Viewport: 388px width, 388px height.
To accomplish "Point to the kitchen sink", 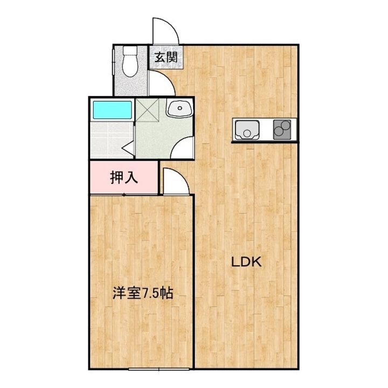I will coord(247,130).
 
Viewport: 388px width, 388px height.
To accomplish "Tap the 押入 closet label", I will coord(124,178).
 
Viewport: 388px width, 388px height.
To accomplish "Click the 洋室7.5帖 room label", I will coord(142,294).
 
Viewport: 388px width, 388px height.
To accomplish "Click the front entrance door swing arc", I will coord(164,30).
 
